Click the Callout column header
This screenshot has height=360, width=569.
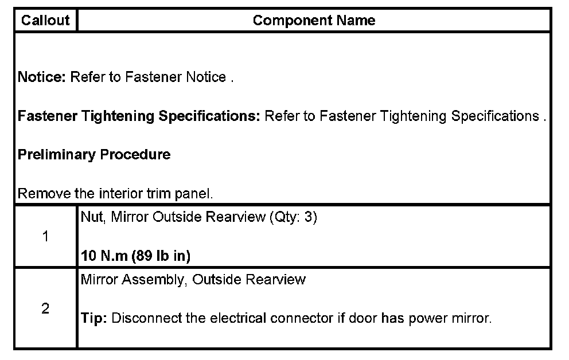pos(45,21)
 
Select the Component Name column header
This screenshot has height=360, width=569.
pos(314,21)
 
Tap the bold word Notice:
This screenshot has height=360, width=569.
pos(42,77)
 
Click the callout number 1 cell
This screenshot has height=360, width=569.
pos(45,237)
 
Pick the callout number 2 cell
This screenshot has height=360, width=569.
pos(45,309)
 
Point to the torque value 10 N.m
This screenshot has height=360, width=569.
pos(104,256)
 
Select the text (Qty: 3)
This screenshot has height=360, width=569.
pos(293,218)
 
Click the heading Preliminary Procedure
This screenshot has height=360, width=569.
pos(94,155)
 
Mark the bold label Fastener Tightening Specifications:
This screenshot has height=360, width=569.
pos(139,116)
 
